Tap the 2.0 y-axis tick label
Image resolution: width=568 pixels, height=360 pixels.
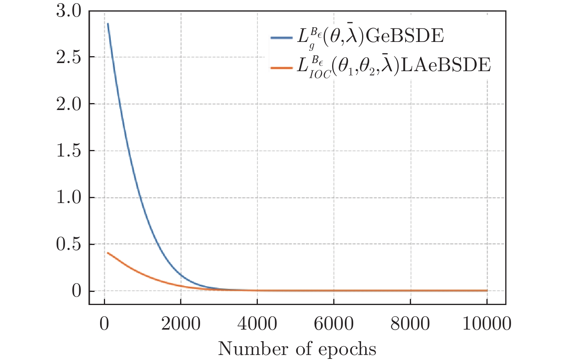point(69,104)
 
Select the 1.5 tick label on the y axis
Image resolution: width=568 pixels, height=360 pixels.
point(69,151)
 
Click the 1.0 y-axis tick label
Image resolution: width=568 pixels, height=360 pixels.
point(69,198)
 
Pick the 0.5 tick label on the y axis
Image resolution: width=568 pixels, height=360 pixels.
point(69,245)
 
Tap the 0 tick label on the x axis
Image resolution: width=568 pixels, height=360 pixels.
point(104,324)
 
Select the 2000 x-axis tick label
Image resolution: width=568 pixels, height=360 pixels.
point(181,324)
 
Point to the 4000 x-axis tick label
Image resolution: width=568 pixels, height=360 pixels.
point(257,324)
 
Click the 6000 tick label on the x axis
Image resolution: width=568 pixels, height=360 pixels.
point(334,324)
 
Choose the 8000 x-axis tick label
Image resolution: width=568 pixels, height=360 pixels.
point(410,324)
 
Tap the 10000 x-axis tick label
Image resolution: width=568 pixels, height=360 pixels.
point(487,324)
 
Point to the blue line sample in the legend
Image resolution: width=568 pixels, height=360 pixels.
point(282,38)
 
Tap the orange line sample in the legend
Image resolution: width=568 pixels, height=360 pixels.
point(282,68)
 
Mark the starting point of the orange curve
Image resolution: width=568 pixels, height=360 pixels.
point(108,253)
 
